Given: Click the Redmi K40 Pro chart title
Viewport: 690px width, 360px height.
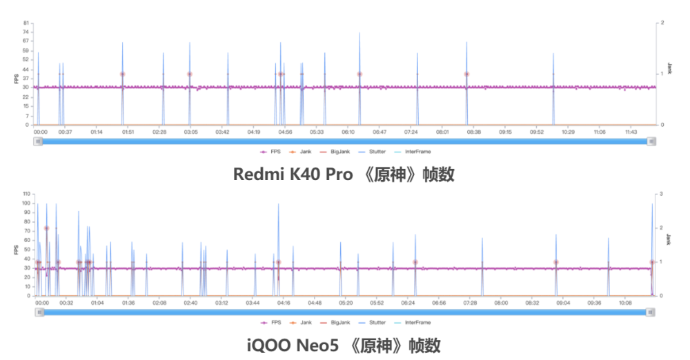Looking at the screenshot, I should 344,174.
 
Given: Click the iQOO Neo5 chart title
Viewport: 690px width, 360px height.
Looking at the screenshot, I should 344,344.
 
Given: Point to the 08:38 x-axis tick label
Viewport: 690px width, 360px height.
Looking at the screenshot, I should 474,131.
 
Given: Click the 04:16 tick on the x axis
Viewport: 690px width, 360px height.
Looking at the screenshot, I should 284,302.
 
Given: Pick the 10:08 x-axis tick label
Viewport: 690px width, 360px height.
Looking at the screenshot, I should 626,302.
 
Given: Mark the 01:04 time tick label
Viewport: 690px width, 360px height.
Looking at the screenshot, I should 97,302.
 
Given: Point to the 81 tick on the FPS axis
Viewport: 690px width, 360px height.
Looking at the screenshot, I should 26,23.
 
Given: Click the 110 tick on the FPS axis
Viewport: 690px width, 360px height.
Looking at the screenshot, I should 25,194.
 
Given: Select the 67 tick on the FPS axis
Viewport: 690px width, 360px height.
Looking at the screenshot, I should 26,41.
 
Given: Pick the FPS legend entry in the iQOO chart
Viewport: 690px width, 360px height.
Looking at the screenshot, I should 270,322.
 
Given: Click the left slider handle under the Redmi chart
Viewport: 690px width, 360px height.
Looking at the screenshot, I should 39,141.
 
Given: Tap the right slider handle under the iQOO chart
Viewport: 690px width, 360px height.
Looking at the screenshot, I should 650,312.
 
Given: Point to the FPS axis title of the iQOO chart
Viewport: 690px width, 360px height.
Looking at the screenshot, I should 15,248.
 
